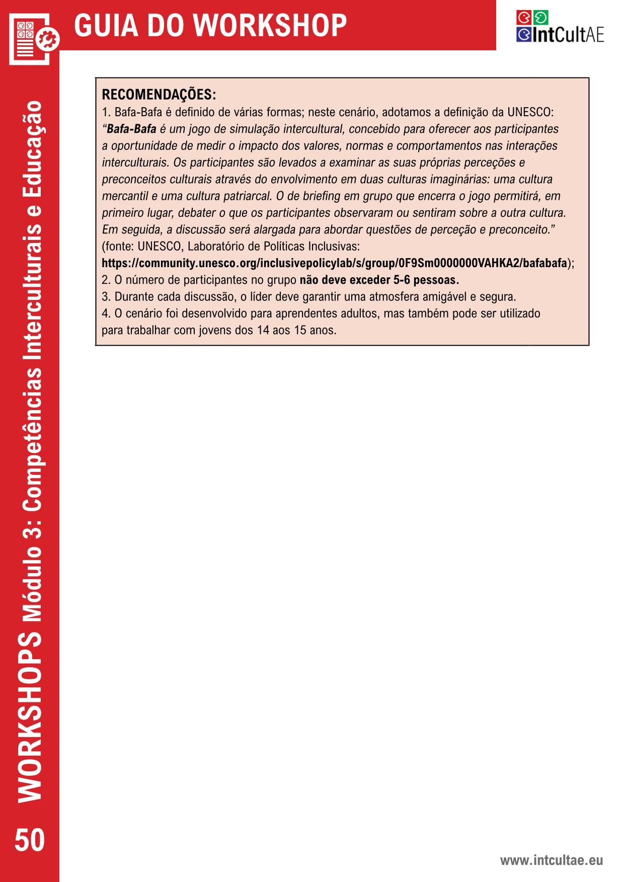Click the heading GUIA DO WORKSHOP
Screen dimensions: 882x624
[x=210, y=25]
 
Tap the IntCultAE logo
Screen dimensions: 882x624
[x=560, y=27]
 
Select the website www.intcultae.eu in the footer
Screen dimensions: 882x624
[x=551, y=860]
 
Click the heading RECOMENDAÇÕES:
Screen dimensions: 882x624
[x=159, y=95]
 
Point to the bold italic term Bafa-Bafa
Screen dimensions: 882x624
[x=131, y=129]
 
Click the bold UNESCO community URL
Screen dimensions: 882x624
[x=334, y=263]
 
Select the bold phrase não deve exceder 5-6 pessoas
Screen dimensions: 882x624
[x=379, y=280]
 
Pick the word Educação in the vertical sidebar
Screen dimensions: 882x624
[x=32, y=143]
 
